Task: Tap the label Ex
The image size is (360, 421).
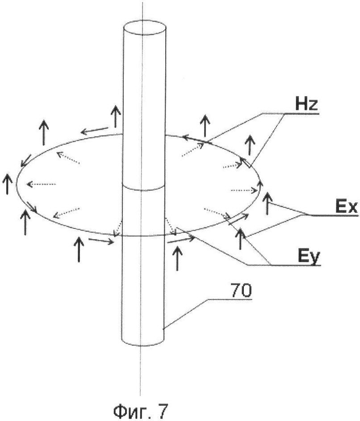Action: point(346,207)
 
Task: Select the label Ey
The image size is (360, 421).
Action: point(309,258)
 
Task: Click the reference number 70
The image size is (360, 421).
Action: point(241,290)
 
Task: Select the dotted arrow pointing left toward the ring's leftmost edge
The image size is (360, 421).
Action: point(41,184)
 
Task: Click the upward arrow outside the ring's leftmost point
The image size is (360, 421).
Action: point(7,184)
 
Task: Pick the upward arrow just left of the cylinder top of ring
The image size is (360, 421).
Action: point(116,116)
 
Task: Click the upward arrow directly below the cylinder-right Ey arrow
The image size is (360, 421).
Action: point(177,259)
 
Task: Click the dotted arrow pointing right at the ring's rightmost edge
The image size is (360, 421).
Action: point(244,190)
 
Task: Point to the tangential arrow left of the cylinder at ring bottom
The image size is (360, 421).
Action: point(101,241)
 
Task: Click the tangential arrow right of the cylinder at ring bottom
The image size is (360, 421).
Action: point(181,239)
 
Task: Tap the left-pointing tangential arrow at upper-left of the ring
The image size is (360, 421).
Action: point(95,130)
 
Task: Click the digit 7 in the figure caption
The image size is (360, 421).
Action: point(163,411)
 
